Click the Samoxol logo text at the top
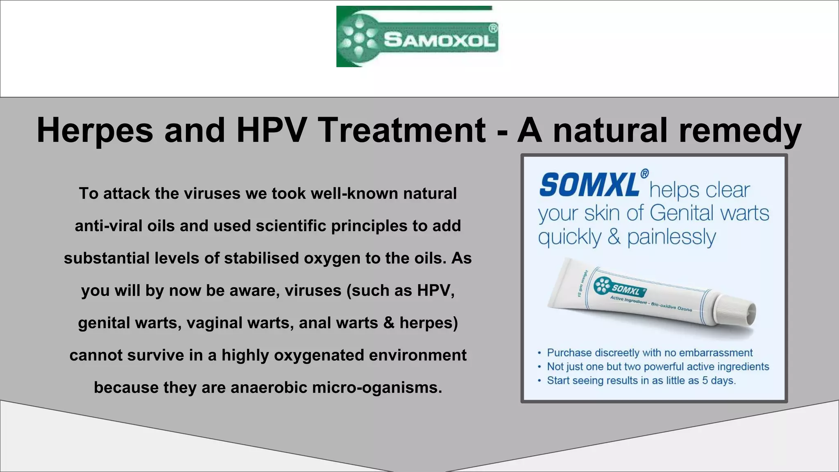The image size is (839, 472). tap(440, 40)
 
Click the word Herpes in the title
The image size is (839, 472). tap(95, 130)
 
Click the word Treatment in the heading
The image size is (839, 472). tap(401, 130)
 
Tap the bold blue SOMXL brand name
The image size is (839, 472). tap(589, 185)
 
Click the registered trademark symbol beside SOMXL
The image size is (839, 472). tap(644, 174)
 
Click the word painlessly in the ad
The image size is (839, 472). tap(671, 237)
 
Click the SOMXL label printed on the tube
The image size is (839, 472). tap(626, 290)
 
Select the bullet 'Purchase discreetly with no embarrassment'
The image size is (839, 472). tap(650, 353)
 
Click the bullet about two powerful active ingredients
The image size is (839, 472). tap(658, 367)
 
